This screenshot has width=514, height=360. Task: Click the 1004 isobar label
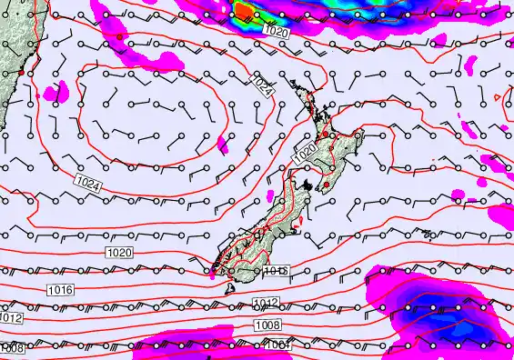point(277,345)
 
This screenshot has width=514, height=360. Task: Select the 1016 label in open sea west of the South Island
point(60,289)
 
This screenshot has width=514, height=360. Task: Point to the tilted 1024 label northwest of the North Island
point(262,86)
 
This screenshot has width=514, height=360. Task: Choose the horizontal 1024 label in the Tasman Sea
point(88,184)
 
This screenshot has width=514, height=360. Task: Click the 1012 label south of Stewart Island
point(266,304)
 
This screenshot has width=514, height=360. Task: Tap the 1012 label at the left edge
point(10,318)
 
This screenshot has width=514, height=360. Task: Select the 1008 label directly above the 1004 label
point(267,325)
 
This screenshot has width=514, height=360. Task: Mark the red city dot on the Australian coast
point(20,71)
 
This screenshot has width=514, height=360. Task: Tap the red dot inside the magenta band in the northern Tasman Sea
point(119,36)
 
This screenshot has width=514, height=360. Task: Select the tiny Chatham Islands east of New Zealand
point(427,235)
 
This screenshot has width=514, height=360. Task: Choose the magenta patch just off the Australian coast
point(56,90)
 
